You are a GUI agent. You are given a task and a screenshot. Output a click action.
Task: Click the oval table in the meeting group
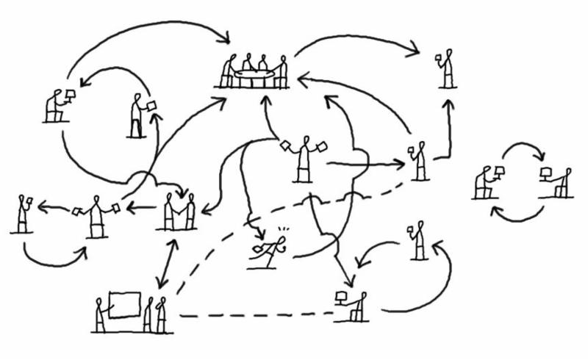coord(254,73)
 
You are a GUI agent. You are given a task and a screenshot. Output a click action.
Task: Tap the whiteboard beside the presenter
coord(124,304)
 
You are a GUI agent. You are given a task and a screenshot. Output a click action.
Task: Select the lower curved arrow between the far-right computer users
coord(517,214)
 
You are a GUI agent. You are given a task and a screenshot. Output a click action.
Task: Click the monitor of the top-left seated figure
coord(71,96)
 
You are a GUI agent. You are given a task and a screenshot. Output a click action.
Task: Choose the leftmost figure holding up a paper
coord(22,214)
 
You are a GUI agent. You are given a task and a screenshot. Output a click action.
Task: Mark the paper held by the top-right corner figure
coord(439,57)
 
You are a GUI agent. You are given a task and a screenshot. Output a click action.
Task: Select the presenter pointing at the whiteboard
coord(101,314)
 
